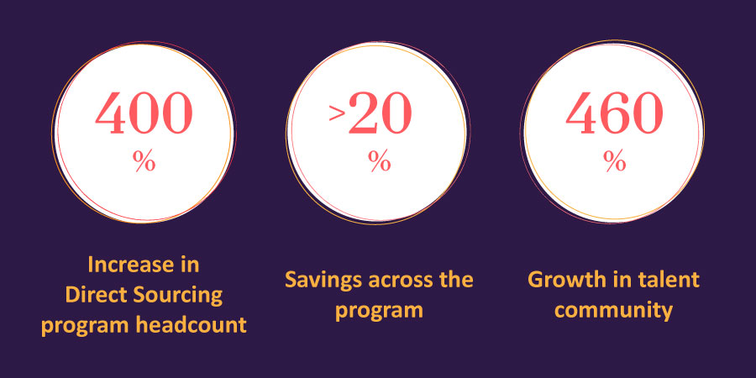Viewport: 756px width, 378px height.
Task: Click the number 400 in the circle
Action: click(144, 113)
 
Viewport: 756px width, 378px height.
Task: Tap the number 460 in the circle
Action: click(614, 113)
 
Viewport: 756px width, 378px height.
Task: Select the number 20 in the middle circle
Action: click(380, 113)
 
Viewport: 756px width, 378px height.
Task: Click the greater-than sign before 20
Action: click(337, 113)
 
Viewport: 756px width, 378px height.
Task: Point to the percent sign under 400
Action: click(144, 160)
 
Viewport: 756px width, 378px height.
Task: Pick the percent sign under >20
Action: click(380, 160)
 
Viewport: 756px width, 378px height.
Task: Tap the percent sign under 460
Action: click(615, 160)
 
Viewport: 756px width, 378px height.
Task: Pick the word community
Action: click(613, 312)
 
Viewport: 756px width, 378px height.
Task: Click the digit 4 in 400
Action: click(111, 113)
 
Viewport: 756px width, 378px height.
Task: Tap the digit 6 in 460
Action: click(615, 113)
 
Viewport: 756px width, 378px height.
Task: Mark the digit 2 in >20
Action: click(364, 113)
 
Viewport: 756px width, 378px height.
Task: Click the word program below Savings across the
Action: click(379, 312)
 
